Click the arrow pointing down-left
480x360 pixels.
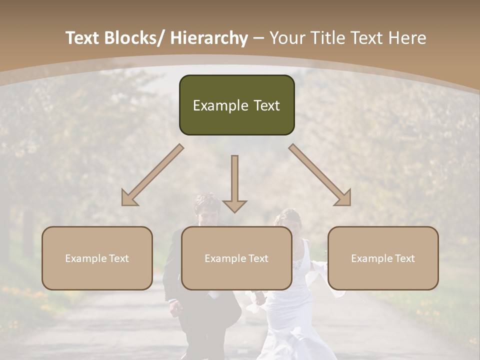click(152, 175)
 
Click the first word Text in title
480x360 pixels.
click(83, 38)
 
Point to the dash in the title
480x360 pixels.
click(258, 38)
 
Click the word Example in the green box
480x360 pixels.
click(213, 105)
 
